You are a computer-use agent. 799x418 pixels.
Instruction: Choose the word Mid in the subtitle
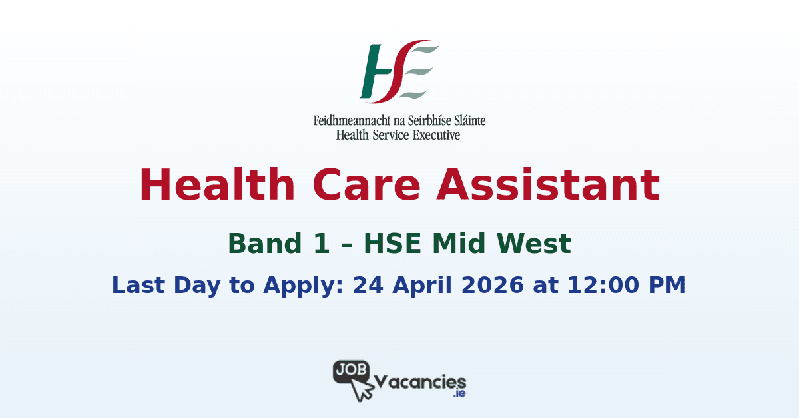tap(463, 244)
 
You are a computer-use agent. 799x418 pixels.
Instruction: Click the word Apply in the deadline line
tap(299, 286)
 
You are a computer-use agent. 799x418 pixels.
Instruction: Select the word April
tap(421, 286)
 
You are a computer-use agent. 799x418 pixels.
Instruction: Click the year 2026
tap(493, 285)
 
